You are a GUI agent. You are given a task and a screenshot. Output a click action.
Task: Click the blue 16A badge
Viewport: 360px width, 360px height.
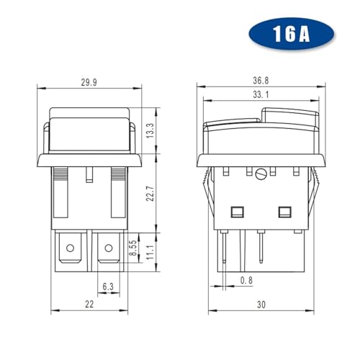(x=291, y=34)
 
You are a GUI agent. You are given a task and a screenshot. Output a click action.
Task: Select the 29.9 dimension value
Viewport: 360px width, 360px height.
(x=89, y=82)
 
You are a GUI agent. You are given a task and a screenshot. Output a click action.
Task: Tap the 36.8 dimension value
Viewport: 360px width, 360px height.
(x=261, y=81)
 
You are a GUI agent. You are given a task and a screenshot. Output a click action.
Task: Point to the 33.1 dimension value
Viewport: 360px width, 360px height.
(x=261, y=95)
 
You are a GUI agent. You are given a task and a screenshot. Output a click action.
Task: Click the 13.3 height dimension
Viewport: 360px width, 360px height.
(x=150, y=130)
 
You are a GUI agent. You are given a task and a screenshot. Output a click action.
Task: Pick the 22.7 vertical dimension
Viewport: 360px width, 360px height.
(x=150, y=193)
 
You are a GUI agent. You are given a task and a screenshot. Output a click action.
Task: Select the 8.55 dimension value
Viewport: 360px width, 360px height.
(x=134, y=248)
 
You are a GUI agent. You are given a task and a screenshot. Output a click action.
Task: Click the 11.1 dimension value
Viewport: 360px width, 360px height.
(x=150, y=252)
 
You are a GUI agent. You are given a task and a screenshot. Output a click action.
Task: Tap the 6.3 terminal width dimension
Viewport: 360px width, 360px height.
(x=108, y=287)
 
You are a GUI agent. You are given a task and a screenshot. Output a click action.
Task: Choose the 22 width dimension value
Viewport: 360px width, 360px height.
(x=89, y=305)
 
